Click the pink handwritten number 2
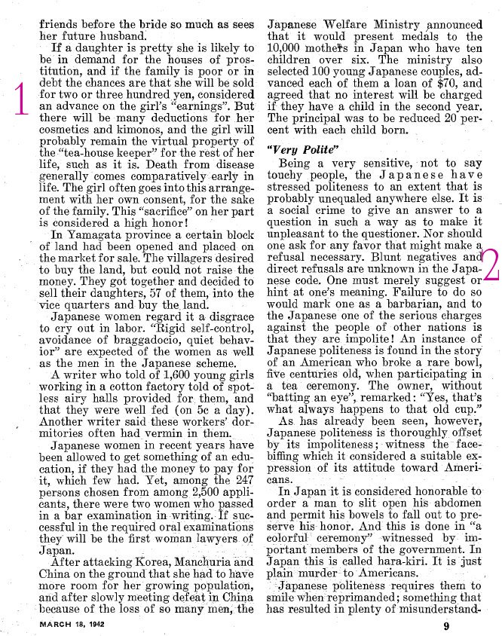(491, 265)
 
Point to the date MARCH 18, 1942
(72, 625)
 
